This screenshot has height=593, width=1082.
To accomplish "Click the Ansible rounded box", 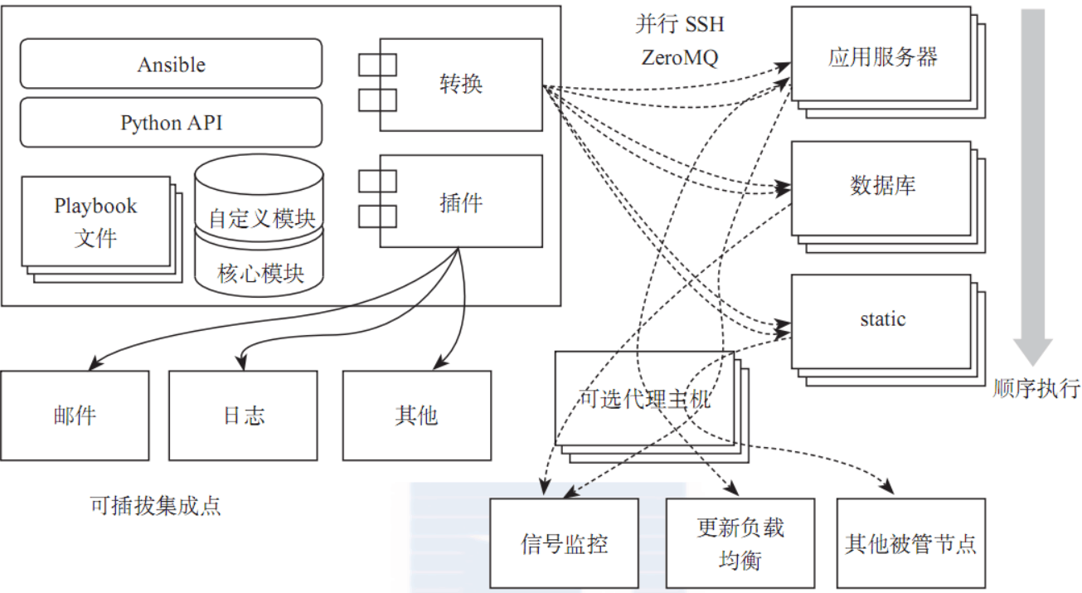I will click(x=171, y=64).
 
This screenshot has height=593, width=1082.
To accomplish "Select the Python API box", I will click(x=171, y=123).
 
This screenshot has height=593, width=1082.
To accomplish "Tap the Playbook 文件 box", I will click(x=95, y=221).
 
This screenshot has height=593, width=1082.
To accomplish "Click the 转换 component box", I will click(x=461, y=84).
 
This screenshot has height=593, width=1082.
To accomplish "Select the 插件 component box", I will click(x=461, y=202).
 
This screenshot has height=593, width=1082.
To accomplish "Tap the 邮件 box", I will click(x=75, y=415).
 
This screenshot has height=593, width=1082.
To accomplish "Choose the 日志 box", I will click(x=243, y=415).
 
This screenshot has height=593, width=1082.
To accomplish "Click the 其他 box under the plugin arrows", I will click(x=416, y=415).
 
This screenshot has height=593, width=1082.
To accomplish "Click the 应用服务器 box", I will click(x=881, y=56).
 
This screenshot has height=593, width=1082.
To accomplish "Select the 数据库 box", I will click(x=881, y=187).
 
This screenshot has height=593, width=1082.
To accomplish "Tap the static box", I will click(x=881, y=320).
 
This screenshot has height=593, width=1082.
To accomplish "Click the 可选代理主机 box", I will click(x=644, y=399).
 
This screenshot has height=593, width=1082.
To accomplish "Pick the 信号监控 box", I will click(x=564, y=543).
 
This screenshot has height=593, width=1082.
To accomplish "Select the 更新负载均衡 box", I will click(x=740, y=543).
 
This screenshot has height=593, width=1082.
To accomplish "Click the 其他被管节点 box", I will click(x=910, y=543).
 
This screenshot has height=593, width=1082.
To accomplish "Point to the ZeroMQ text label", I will click(x=679, y=58).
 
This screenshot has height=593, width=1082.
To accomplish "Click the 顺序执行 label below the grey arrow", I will click(x=1036, y=388).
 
